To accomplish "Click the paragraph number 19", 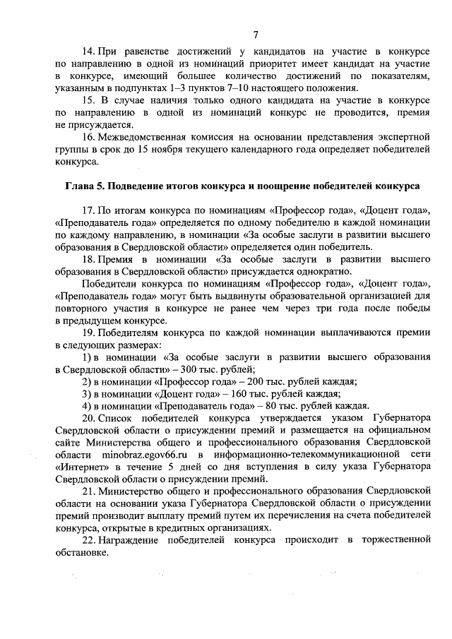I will (x=88, y=332).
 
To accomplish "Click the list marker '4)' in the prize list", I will (x=86, y=405).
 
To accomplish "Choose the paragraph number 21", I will (x=88, y=490).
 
